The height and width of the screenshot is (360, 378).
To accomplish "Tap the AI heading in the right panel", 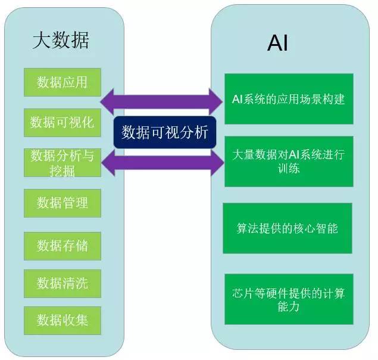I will coord(277,43).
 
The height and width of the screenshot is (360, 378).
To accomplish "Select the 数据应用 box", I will coord(63,82).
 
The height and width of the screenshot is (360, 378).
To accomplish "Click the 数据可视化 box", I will coord(63,122).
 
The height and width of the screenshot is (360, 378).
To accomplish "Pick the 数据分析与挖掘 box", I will coord(63,162).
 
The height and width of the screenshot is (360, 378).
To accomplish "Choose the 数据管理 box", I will coord(63,203).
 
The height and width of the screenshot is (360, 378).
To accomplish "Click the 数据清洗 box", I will coord(63,283).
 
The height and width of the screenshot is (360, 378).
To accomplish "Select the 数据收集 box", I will coord(63,320).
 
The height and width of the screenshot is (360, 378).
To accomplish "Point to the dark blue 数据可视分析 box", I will coord(165,132).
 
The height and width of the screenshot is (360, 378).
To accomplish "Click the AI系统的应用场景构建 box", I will coord(289,99).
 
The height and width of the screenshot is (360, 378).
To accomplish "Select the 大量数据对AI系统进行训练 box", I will coord(289,161).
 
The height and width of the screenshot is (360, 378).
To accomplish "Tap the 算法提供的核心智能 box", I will coord(288,228).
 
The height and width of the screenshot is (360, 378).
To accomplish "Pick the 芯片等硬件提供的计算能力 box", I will coord(289,299).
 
